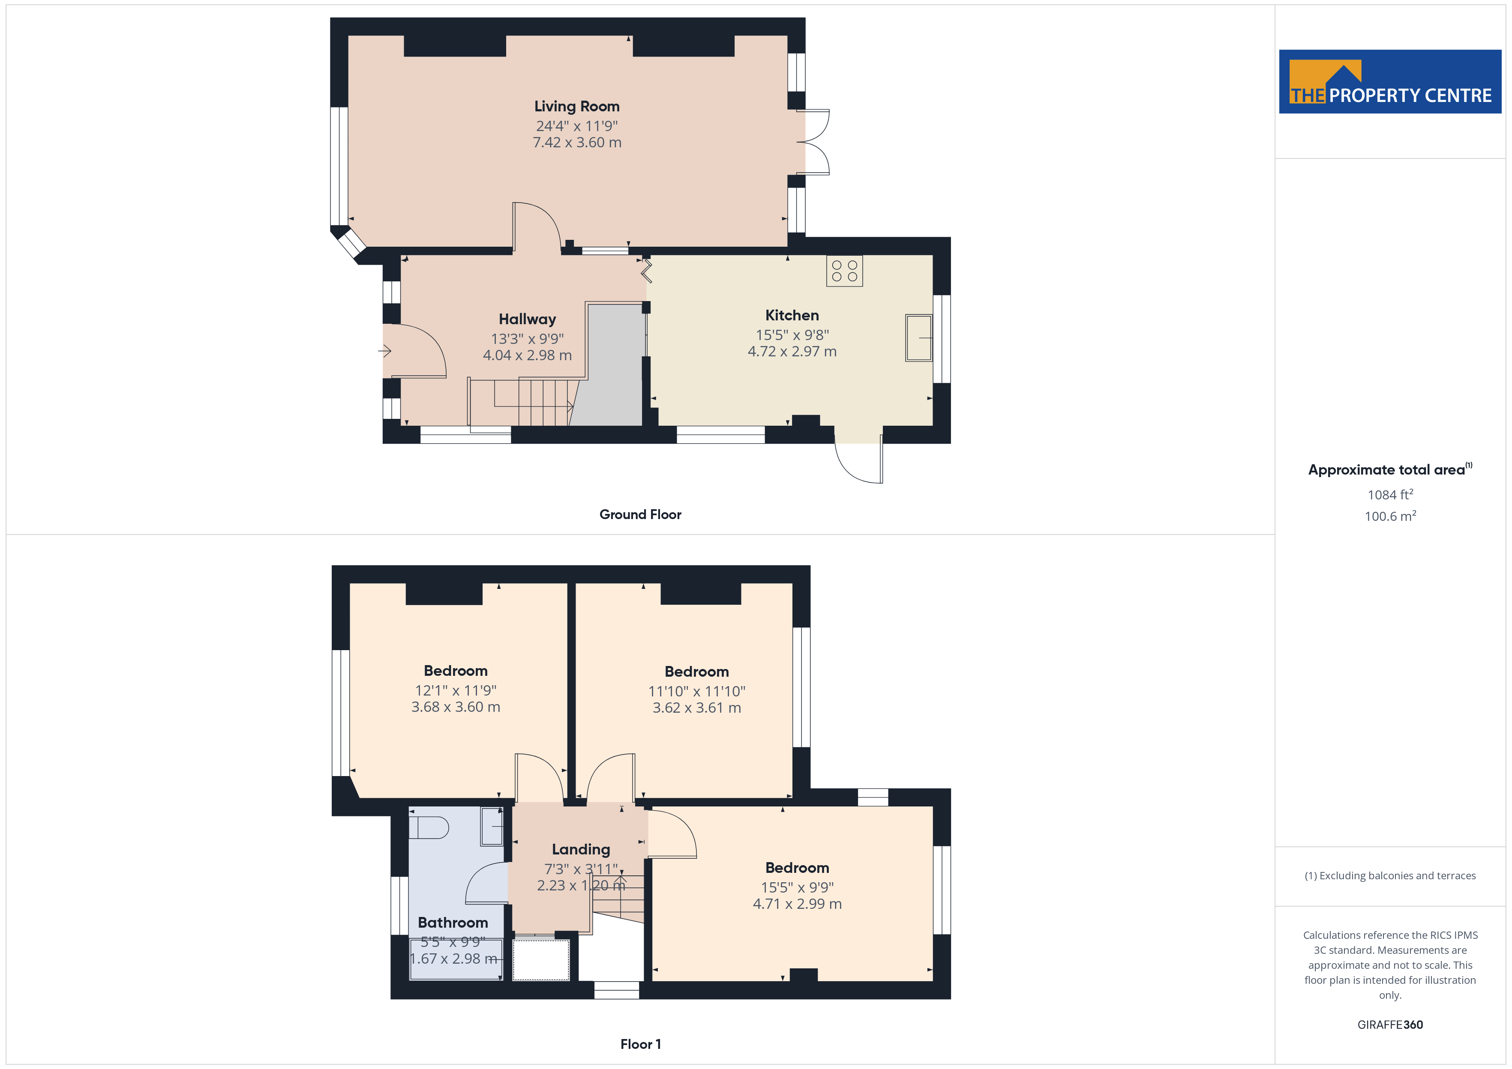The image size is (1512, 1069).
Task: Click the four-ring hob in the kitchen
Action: (844, 271)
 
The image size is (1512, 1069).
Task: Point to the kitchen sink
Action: (919, 337)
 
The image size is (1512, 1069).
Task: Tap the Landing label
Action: (581, 850)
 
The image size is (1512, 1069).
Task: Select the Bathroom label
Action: (453, 922)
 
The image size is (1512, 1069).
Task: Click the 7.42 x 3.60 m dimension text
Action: (577, 142)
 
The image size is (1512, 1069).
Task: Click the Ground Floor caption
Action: (640, 515)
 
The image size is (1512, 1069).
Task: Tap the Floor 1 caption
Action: (640, 1044)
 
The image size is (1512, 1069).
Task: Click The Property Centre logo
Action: (1389, 82)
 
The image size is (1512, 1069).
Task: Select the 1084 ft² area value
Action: (1389, 494)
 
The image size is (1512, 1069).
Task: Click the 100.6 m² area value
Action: (1389, 516)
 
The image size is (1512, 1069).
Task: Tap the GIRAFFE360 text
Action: (1389, 1025)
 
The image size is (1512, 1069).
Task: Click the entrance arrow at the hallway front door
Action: (384, 351)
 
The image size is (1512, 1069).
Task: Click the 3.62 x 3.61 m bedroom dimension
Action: (697, 708)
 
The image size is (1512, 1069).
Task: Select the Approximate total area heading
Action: (1389, 469)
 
